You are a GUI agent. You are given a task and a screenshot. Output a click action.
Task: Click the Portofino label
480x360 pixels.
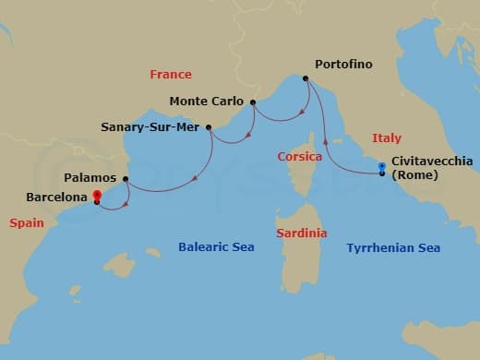[x=343, y=65]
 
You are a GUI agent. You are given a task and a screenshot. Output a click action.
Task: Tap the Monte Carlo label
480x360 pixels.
[x=207, y=102]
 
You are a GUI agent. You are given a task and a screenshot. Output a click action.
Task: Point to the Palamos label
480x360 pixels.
[x=90, y=177]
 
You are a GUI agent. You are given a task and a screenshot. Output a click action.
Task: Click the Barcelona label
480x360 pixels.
[x=58, y=196]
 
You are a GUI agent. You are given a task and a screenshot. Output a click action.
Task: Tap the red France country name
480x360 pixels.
[x=171, y=75]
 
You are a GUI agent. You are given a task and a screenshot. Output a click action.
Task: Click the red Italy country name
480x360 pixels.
[x=387, y=138]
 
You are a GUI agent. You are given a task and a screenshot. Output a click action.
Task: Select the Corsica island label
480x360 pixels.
[x=300, y=157]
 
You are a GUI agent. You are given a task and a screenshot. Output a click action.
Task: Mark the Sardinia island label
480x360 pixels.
[x=302, y=234]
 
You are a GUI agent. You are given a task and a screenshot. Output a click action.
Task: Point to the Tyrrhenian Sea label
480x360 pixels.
[x=393, y=247]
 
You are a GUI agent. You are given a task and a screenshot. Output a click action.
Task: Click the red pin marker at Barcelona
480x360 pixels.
[x=96, y=196]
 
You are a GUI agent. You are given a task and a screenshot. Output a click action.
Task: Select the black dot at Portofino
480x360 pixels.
[x=306, y=78]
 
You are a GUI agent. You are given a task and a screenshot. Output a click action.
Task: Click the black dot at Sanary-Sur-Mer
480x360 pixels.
[x=210, y=128]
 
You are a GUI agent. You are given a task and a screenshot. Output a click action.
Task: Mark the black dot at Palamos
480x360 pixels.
[x=126, y=179]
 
